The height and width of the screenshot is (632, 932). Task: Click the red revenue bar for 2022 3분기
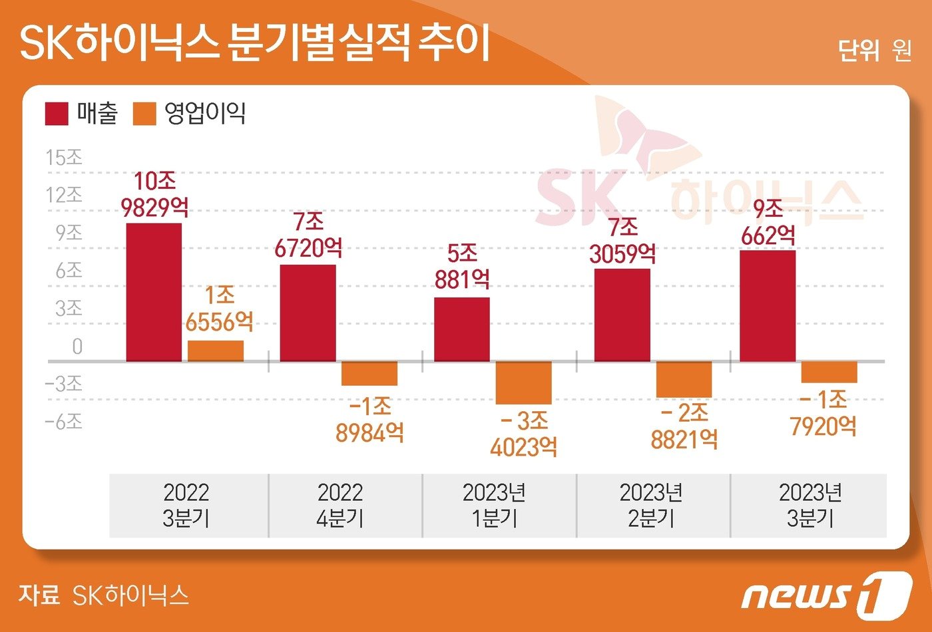154,293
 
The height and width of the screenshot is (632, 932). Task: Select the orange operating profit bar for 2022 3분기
216,351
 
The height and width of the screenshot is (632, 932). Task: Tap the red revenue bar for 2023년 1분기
462,329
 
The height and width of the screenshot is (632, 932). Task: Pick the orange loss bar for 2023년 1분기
524,383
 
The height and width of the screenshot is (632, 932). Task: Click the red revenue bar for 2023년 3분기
768,306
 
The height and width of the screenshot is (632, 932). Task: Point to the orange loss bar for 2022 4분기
369,373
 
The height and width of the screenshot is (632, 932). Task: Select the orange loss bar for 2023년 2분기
684,379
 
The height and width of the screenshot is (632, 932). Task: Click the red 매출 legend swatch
57,114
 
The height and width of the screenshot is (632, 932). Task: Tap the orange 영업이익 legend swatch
144,114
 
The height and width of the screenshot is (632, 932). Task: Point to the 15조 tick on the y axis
64,158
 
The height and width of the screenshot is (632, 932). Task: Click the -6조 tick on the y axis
64,422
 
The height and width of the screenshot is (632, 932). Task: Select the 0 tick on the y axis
77,347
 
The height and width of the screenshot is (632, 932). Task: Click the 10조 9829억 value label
154,194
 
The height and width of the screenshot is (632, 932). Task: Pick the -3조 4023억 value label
524,434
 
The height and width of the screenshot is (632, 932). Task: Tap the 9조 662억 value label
768,222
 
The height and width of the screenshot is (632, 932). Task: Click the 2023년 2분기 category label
651,505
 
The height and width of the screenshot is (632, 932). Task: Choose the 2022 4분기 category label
340,505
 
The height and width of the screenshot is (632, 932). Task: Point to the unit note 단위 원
874,51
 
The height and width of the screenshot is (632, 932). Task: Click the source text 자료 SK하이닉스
104,595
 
